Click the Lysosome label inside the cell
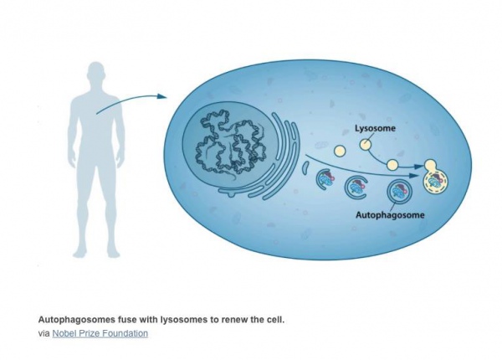click(x=371, y=130)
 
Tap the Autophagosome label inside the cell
click(x=389, y=215)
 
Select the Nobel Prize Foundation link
click(x=100, y=333)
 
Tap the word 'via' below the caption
click(x=44, y=333)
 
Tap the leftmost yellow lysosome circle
click(x=341, y=152)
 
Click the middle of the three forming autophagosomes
click(x=358, y=187)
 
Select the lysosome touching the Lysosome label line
click(x=366, y=145)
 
